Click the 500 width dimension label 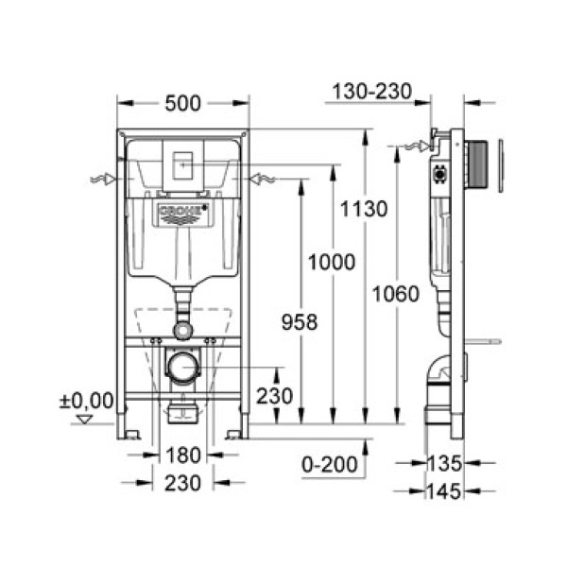[182, 104]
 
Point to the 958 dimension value [298, 322]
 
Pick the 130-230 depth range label [371, 92]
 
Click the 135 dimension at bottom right [443, 463]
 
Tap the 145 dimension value [443, 491]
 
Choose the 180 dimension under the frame [183, 455]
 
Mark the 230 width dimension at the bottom [183, 483]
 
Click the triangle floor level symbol [86, 419]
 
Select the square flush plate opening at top [182, 162]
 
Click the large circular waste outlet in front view [182, 365]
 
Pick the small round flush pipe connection [182, 330]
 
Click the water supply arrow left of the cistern [106, 178]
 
